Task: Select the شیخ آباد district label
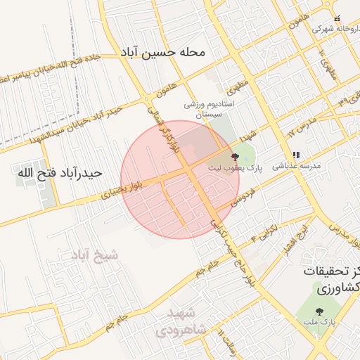click(x=94, y=257)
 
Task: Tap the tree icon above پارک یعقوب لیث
click(x=234, y=157)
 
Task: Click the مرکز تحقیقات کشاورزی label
click(x=330, y=280)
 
